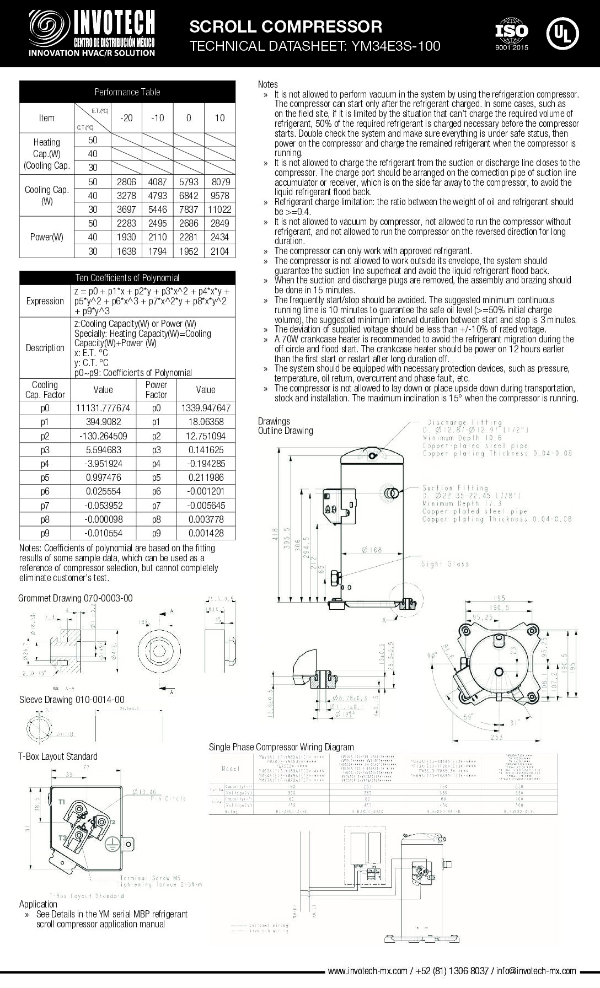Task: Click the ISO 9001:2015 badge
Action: pyautogui.click(x=511, y=34)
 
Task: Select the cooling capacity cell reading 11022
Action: pyautogui.click(x=219, y=210)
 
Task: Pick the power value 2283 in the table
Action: pyautogui.click(x=126, y=223)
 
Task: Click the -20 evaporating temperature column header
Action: pyautogui.click(x=126, y=118)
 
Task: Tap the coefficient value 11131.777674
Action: pyautogui.click(x=103, y=409)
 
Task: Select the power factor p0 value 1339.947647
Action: pyautogui.click(x=206, y=409)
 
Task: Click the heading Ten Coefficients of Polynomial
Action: pyautogui.click(x=127, y=278)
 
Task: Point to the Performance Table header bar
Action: pyautogui.click(x=127, y=92)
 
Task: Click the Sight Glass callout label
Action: pyautogui.click(x=445, y=564)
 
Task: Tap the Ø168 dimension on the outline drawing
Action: pyautogui.click(x=372, y=550)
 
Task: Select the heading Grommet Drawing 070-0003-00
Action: pyautogui.click(x=76, y=598)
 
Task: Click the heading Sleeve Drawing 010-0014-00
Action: pyautogui.click(x=72, y=700)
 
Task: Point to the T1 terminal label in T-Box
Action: pyautogui.click(x=62, y=801)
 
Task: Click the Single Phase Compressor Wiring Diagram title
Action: pyautogui.click(x=281, y=747)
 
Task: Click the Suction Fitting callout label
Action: pyautogui.click(x=456, y=488)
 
